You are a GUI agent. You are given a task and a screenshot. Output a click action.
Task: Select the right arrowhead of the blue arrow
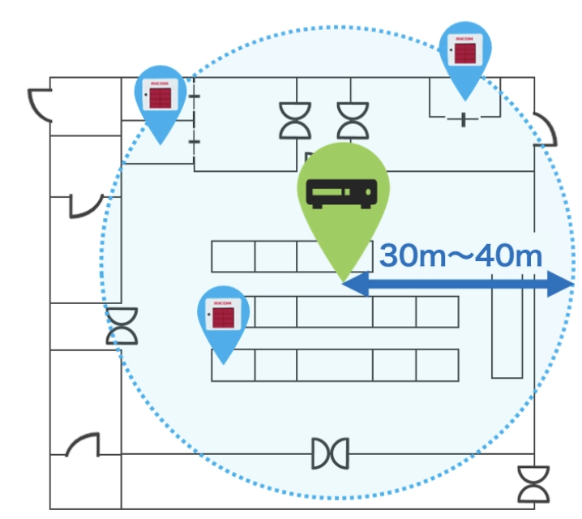click(563, 285)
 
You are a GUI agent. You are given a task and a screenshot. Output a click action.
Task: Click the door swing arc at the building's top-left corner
click(41, 103)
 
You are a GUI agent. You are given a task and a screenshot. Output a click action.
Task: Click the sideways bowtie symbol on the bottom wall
click(331, 453)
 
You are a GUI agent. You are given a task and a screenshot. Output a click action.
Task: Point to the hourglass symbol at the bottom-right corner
click(533, 484)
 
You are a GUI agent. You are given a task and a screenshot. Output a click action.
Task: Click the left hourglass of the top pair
click(295, 121)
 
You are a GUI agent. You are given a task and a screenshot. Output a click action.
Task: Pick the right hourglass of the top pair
click(352, 121)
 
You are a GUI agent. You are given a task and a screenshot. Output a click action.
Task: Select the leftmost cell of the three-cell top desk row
click(233, 256)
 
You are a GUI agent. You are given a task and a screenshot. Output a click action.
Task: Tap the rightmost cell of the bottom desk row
click(437, 365)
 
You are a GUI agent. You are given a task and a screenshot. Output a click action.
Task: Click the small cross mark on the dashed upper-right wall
click(464, 120)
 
